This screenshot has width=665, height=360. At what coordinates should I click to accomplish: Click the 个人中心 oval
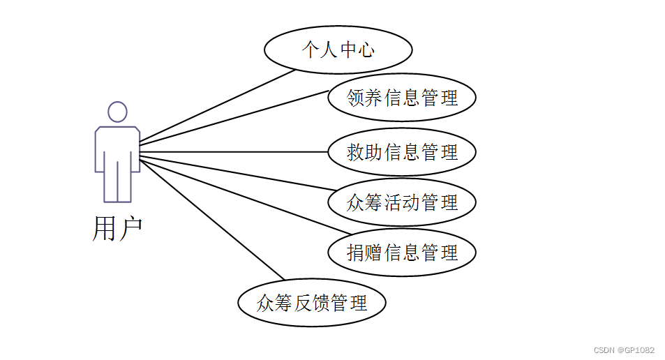point(338,50)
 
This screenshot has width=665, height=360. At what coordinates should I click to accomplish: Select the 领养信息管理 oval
point(402,98)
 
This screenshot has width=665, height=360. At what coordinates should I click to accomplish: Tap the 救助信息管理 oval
point(402,151)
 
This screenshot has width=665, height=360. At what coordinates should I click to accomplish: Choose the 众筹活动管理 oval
point(402,202)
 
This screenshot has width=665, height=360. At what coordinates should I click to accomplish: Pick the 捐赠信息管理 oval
point(402,252)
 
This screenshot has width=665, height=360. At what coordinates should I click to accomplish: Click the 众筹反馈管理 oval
point(311,303)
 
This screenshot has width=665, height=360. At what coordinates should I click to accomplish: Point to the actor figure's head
point(117,112)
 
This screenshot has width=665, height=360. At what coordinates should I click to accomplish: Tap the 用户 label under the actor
point(117,228)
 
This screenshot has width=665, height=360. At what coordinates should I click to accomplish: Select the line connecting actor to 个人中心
point(216,107)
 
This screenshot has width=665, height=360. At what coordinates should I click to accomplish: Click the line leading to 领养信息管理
point(234,117)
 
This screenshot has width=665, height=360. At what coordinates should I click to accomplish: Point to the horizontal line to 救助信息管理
point(234,151)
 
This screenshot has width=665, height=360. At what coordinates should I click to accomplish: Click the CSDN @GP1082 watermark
point(624,350)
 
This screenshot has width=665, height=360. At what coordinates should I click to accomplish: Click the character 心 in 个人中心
point(366,50)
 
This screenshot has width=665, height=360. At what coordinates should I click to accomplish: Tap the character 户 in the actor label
point(130,228)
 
